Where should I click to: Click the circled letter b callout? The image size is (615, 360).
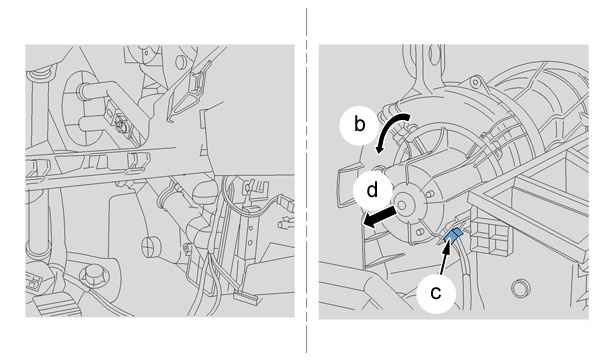pyautogui.click(x=359, y=125)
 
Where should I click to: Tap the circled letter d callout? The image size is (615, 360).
pyautogui.click(x=372, y=190)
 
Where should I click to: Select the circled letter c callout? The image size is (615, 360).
pyautogui.click(x=436, y=293)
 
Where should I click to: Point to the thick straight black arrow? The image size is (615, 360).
pyautogui.click(x=380, y=218)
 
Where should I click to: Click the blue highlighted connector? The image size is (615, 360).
pyautogui.click(x=452, y=235)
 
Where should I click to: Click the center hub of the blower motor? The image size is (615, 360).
pyautogui.click(x=401, y=205)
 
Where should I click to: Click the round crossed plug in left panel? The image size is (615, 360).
pyautogui.click(x=151, y=247)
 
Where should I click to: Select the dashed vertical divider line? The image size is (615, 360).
pyautogui.click(x=307, y=180)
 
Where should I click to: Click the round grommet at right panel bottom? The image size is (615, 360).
pyautogui.click(x=520, y=289)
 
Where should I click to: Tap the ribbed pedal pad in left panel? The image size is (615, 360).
pyautogui.click(x=56, y=304)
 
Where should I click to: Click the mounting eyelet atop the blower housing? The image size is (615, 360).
pyautogui.click(x=475, y=82)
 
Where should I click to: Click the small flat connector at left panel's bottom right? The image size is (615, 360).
pyautogui.click(x=246, y=297)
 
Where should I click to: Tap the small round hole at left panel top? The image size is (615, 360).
pyautogui.click(x=180, y=62)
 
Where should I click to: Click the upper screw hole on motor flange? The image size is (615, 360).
pyautogui.click(x=431, y=194)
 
